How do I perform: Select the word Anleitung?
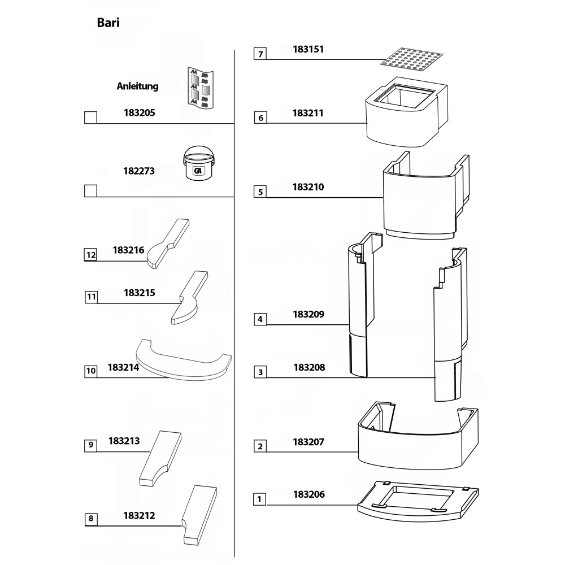[x=137, y=86]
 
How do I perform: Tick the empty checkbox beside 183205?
[x=90, y=118]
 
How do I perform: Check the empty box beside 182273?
[x=90, y=190]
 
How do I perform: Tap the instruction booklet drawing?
[x=199, y=87]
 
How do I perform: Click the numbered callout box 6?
[x=260, y=118]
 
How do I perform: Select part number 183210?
[x=308, y=186]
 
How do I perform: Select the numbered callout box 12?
[x=90, y=255]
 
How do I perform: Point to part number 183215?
[x=139, y=293]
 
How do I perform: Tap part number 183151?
[x=308, y=49]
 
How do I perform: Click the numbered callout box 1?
[x=259, y=499]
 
